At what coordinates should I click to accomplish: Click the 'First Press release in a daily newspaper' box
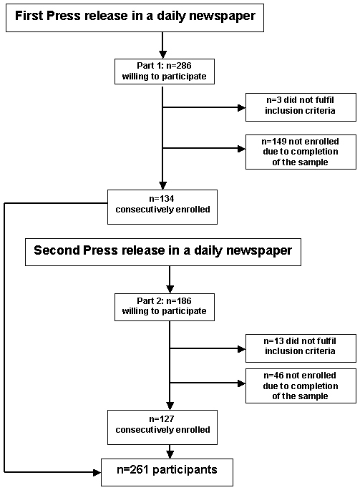135,18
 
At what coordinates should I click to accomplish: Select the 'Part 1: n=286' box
165,72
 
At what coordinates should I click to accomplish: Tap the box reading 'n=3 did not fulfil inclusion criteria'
301,107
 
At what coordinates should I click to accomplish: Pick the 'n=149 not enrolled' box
301,152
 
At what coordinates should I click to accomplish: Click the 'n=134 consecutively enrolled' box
162,207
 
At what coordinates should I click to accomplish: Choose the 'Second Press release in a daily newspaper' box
163,253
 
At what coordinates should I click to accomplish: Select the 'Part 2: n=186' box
165,307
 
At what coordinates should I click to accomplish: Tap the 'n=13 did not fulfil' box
301,348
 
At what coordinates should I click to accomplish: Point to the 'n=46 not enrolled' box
301,386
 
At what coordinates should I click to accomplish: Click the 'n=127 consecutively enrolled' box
162,427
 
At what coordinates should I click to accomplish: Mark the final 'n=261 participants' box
167,472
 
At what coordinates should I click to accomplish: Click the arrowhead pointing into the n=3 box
241,107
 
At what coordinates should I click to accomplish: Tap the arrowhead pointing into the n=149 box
241,149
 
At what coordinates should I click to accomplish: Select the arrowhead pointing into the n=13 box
241,349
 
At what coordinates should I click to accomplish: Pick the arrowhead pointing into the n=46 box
241,383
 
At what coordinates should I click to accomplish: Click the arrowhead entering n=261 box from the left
97,472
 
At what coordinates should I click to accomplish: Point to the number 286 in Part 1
184,66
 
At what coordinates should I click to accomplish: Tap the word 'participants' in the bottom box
185,470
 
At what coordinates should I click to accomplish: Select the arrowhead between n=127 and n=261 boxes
170,455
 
